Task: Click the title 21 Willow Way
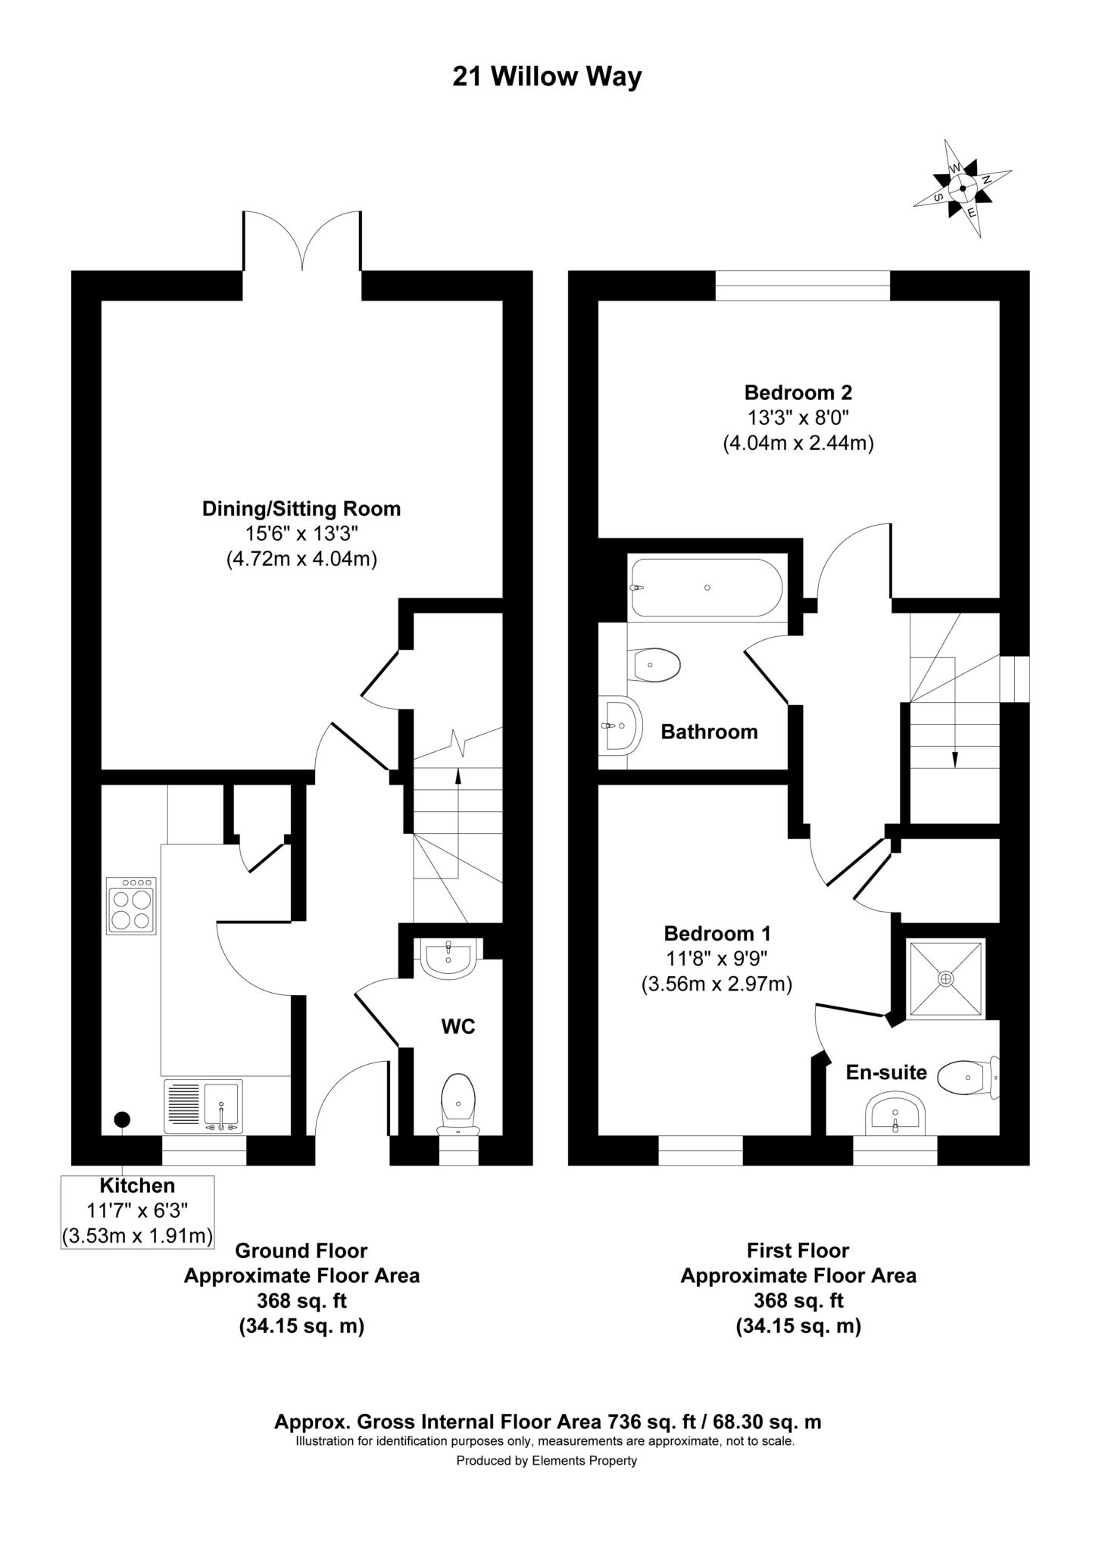[547, 77]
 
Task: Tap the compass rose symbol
[962, 189]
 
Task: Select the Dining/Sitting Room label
[301, 509]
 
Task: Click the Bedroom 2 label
[798, 392]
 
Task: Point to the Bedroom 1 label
[717, 933]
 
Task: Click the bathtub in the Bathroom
[705, 588]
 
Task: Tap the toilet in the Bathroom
[655, 665]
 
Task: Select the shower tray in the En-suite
[946, 978]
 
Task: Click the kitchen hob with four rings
[131, 906]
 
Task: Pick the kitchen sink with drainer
[203, 1106]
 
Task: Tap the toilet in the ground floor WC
[457, 1103]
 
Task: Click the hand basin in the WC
[448, 960]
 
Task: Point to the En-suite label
[886, 1072]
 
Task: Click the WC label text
[458, 1026]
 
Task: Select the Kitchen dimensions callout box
[137, 1211]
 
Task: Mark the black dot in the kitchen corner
[121, 1119]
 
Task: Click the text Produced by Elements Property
[546, 1461]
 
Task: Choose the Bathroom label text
[709, 732]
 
